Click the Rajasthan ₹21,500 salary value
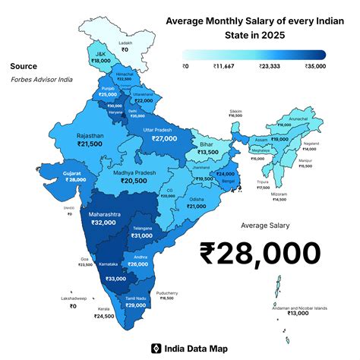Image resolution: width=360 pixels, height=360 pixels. [x=90, y=144]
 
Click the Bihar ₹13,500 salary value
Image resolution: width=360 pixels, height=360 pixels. [x=207, y=153]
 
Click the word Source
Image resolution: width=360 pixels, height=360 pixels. [x=24, y=66]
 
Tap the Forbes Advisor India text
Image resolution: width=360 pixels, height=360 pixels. [x=42, y=80]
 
